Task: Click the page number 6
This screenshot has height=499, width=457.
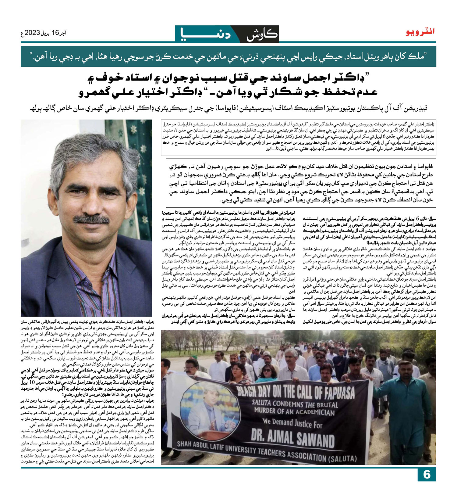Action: (x=427, y=475)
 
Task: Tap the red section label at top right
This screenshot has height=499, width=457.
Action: (x=420, y=32)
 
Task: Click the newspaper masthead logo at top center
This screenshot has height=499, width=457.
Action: (x=227, y=34)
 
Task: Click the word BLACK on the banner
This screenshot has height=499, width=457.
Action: (x=250, y=391)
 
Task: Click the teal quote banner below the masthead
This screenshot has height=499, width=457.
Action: (x=228, y=56)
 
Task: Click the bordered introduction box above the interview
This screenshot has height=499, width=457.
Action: (x=299, y=138)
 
